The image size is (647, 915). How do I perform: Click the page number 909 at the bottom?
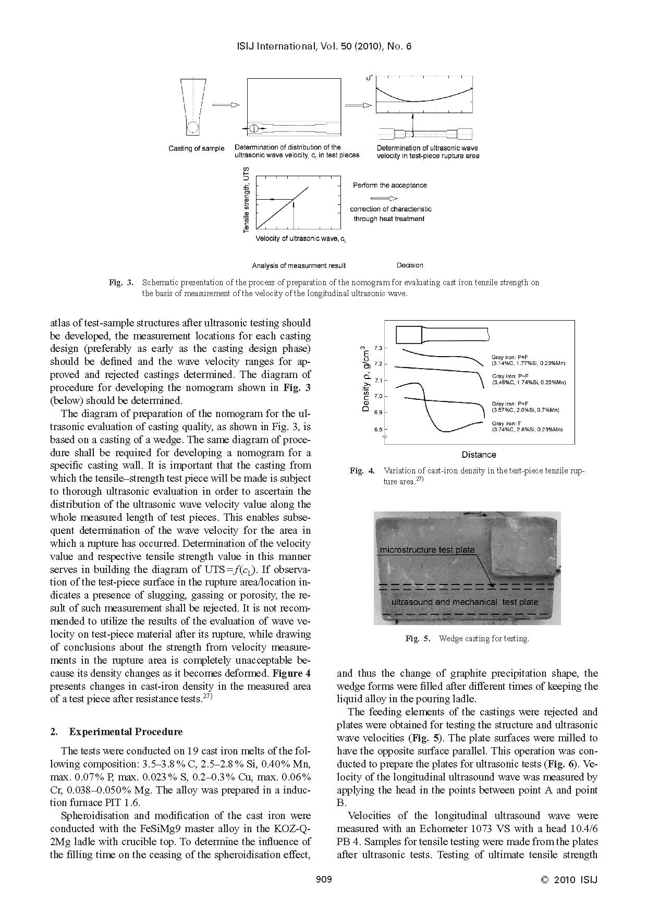point(324,880)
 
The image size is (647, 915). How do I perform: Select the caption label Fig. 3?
point(120,283)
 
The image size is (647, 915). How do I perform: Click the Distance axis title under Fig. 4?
point(479,455)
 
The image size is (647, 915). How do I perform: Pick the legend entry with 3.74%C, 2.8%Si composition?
point(527,427)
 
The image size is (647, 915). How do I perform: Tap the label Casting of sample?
point(196,149)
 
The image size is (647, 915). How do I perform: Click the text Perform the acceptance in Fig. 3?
point(389,185)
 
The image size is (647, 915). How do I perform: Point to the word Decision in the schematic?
point(409,265)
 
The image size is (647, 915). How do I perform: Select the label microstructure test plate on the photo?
point(427,550)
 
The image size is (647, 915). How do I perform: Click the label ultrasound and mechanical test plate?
point(465,602)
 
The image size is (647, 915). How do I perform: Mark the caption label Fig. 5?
point(417,639)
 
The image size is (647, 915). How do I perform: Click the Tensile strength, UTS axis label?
point(246,200)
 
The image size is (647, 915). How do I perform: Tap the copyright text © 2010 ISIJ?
point(568,880)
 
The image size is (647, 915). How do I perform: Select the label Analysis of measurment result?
point(298,265)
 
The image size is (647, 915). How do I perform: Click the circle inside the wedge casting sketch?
point(193,127)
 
